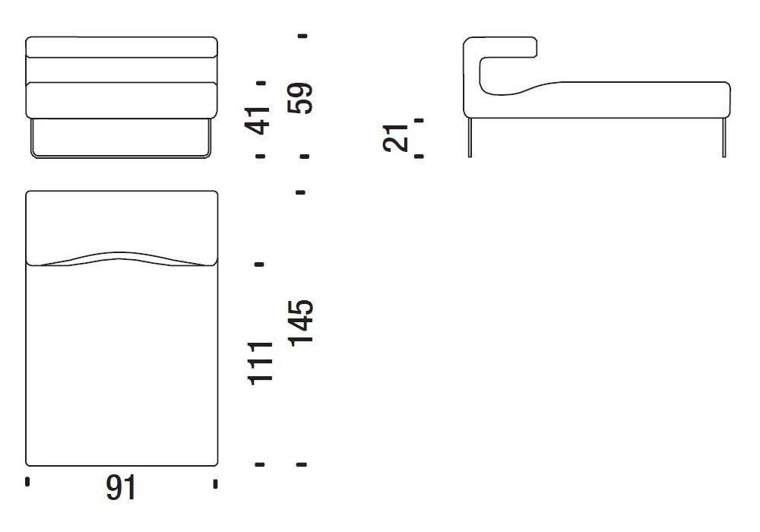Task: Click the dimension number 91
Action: click(x=121, y=487)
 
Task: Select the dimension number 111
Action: click(x=260, y=363)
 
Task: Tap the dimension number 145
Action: click(x=300, y=323)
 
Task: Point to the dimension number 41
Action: click(x=258, y=120)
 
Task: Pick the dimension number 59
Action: click(x=300, y=98)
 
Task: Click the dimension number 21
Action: click(x=395, y=138)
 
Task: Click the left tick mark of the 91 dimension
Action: click(x=27, y=481)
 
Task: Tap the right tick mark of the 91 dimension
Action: click(x=215, y=483)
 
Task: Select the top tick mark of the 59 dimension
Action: click(x=303, y=36)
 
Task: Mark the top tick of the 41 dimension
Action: click(x=261, y=84)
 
